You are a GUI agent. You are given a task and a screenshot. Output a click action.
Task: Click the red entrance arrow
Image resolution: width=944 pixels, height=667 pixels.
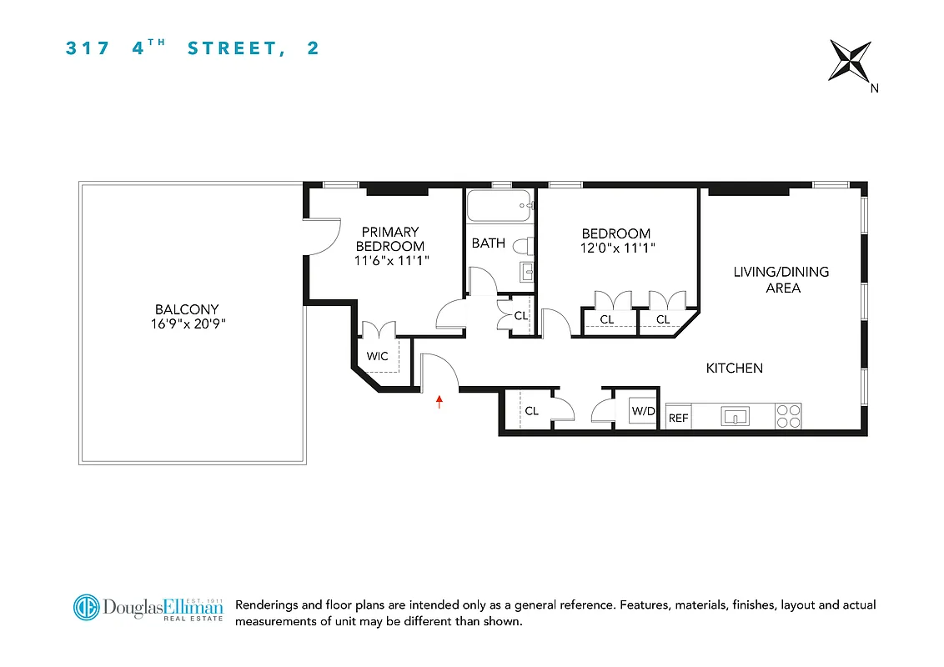click(x=439, y=402)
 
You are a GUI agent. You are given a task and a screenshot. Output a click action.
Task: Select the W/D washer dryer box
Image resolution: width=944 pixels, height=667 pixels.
click(x=642, y=412)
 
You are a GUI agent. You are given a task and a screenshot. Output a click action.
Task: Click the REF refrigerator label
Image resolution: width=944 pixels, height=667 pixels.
click(x=679, y=418)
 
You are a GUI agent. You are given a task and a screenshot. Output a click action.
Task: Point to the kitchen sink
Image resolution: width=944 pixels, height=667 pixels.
click(x=735, y=416)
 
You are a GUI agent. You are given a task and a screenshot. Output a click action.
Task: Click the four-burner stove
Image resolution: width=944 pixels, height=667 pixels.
click(x=788, y=416)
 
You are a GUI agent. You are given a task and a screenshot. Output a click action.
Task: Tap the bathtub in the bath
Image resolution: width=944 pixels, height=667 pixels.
click(x=499, y=206)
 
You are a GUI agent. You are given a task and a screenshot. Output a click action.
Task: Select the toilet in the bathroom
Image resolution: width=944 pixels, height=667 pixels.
click(x=523, y=246)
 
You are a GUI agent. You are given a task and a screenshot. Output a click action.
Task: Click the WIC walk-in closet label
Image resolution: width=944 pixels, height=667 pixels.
click(x=378, y=356)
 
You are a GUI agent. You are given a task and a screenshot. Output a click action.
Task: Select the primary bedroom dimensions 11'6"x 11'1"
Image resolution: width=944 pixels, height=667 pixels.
click(x=390, y=260)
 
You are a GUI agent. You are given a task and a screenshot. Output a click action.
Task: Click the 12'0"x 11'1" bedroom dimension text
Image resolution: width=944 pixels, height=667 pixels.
click(x=616, y=248)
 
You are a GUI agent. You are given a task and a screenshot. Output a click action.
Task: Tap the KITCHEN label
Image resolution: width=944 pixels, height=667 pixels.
click(x=734, y=368)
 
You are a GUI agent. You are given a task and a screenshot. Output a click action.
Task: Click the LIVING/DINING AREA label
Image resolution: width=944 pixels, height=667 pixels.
click(x=781, y=280)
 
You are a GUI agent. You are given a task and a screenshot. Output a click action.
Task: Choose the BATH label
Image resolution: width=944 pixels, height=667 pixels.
click(x=488, y=243)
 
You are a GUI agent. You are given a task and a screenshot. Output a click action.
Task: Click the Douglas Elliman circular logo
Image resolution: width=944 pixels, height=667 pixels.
click(x=85, y=606)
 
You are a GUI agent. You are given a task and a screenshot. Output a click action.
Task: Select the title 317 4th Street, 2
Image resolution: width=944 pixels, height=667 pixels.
click(x=193, y=48)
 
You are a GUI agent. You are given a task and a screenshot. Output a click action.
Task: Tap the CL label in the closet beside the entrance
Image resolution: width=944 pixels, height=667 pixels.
click(x=531, y=411)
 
